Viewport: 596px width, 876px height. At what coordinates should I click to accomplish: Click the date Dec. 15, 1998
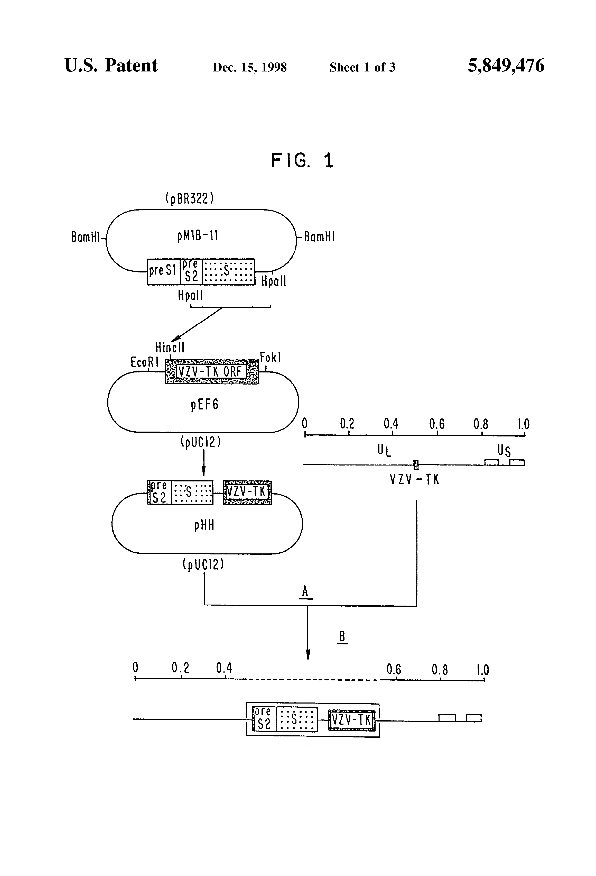click(250, 67)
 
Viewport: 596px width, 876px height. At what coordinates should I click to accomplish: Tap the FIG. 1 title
click(302, 161)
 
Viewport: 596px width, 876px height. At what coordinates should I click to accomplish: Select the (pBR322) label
click(190, 198)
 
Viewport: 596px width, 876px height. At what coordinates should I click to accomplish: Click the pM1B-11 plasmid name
click(197, 236)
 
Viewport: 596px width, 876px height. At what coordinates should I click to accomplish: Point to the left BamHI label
click(86, 237)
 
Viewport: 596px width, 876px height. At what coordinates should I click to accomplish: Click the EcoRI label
click(145, 362)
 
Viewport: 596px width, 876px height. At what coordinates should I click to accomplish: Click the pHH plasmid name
click(204, 525)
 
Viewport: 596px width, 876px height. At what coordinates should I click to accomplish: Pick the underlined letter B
click(342, 637)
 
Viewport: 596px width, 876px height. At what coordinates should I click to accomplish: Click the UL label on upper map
click(384, 450)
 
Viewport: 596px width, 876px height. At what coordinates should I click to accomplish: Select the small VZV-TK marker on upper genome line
click(416, 465)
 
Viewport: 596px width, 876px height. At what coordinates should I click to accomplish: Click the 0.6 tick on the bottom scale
click(396, 679)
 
